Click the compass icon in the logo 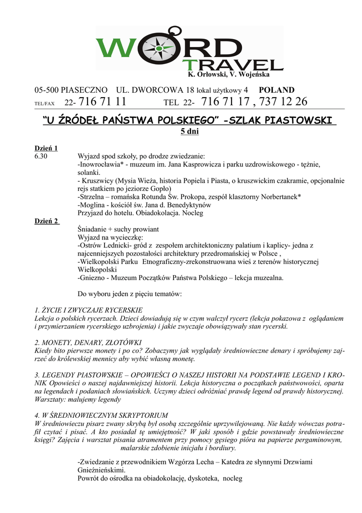point(158,47)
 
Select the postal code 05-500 point(46,90)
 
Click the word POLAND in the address point(276,90)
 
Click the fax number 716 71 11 point(102,102)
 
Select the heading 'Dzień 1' point(46,148)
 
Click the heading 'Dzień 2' point(46,221)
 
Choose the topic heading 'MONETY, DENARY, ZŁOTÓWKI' point(88,343)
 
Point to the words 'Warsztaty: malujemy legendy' point(77,400)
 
